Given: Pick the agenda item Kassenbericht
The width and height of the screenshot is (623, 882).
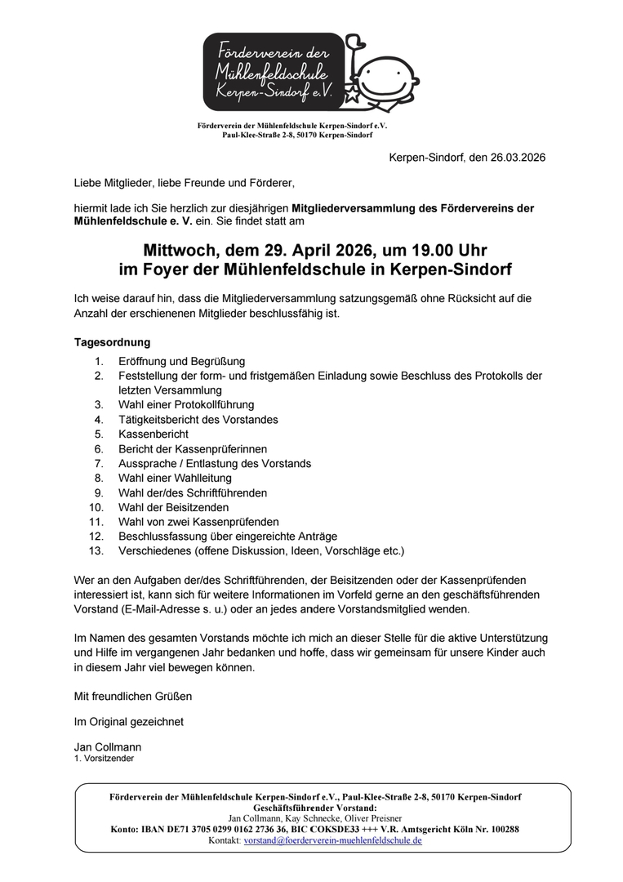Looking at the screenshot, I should [154, 434].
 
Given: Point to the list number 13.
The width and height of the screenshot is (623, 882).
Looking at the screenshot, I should [97, 550].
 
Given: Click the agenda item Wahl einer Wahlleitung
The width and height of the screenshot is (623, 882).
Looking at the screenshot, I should [175, 478].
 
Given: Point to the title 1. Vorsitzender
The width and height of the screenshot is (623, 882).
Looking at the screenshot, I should [104, 759].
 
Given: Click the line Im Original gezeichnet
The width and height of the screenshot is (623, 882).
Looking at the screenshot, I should [128, 721].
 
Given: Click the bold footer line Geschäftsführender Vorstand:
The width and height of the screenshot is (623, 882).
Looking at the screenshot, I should [315, 807].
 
